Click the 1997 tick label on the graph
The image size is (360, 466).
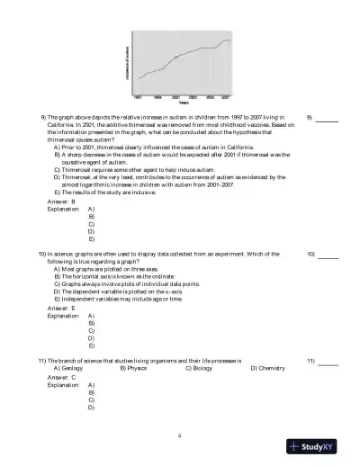138,95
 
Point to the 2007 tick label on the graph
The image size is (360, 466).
226,95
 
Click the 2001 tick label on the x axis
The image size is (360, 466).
174,95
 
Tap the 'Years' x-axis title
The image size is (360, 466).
183,102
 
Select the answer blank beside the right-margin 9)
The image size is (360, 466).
301,118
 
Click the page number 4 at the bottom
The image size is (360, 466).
180,436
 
